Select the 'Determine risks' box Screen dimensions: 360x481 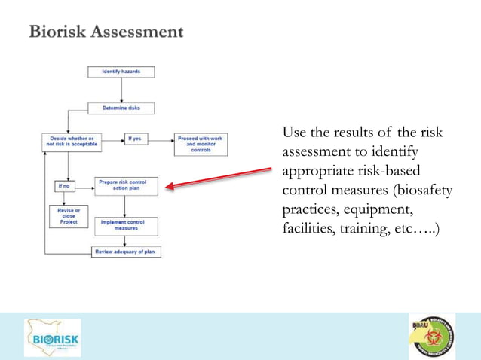[121, 108]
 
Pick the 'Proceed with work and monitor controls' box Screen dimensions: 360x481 [201, 144]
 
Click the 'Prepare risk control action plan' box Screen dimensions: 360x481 [126, 186]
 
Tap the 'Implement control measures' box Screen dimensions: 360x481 [126, 225]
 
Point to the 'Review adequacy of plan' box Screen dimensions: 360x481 [126, 252]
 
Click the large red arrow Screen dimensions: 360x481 [219, 177]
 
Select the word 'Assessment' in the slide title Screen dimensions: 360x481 [137, 32]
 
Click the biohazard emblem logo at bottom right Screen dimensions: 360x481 [431, 336]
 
